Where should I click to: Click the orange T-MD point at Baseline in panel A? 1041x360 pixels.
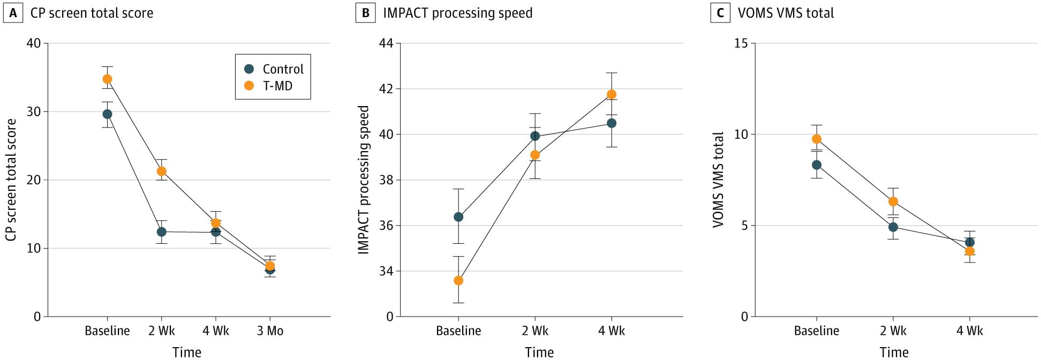coord(107,79)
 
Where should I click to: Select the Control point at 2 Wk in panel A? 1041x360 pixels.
coord(161,232)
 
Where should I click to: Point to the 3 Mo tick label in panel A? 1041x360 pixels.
coord(270,331)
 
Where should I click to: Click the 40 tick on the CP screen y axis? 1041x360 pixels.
coord(34,43)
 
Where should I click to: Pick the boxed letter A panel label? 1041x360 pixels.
coord(13,13)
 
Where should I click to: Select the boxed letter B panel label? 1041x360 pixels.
coord(366,13)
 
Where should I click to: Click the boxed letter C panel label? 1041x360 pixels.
coord(720,13)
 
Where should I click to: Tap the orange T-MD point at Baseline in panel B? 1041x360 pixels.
coord(458,280)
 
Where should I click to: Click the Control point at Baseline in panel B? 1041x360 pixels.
coord(458,217)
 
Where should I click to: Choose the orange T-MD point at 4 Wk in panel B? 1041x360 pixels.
coord(611,94)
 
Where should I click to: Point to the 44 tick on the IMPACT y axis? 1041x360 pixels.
coord(386,43)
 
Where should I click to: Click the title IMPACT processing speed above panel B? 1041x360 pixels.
coord(458,13)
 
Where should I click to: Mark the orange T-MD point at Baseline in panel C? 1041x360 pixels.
coord(817,139)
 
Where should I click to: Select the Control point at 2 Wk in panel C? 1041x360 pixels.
coord(893,227)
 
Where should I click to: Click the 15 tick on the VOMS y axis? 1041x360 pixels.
coord(741,43)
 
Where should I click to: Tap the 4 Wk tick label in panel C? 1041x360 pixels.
coord(970,331)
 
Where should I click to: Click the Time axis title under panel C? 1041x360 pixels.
coord(894,352)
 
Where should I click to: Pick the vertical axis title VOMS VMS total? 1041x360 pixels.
coord(719,179)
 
